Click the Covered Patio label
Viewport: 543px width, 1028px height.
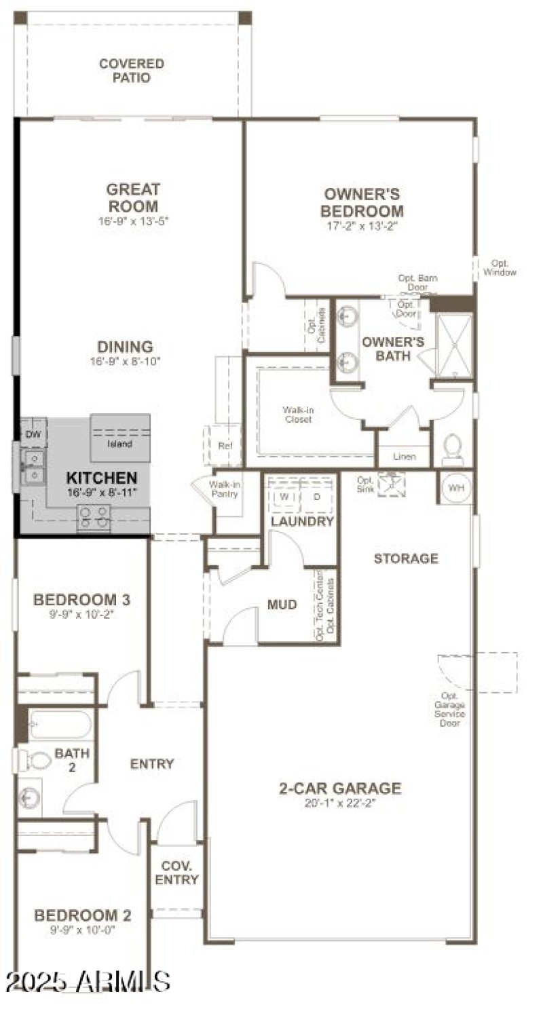(131, 71)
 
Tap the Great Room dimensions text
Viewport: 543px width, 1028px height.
(132, 221)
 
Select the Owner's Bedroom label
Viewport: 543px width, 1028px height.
(362, 203)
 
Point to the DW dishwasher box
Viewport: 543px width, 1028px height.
(33, 434)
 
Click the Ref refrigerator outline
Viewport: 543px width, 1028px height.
(225, 446)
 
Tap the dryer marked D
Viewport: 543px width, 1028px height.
(316, 496)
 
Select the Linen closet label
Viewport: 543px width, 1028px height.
(405, 457)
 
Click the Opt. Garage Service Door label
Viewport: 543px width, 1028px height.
(453, 709)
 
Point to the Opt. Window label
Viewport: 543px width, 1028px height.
(500, 268)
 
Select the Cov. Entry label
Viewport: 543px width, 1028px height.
(176, 873)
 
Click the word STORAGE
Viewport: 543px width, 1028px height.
(406, 558)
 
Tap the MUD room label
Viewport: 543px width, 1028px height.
(282, 604)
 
